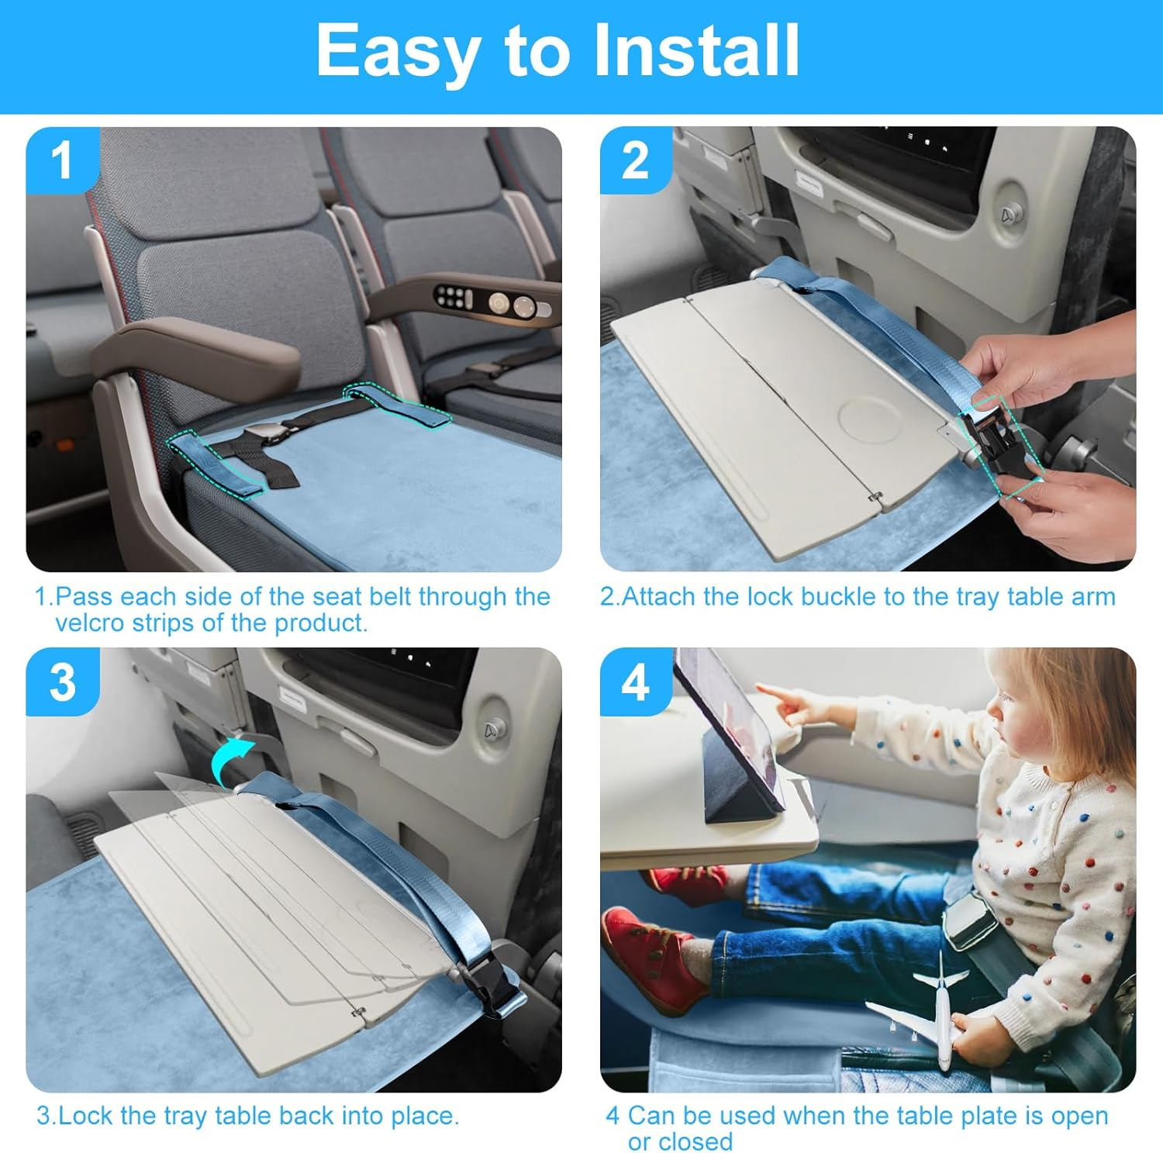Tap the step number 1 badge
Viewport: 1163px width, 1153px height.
[62, 161]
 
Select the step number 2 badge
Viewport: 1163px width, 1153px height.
[635, 161]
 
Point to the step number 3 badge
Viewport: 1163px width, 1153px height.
[62, 682]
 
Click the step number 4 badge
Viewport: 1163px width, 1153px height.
[635, 682]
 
